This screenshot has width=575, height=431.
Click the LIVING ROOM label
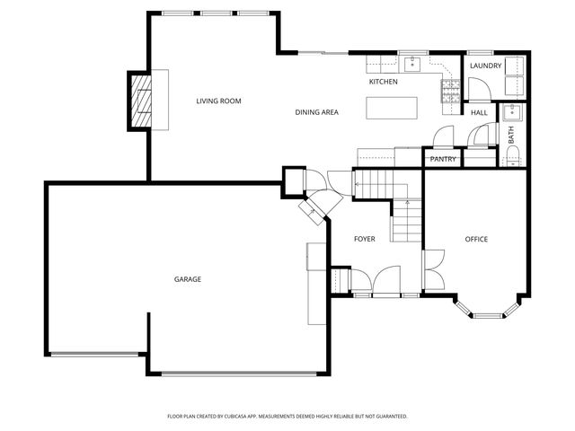click(218, 101)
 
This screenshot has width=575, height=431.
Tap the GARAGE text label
click(187, 279)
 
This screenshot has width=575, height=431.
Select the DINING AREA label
click(316, 112)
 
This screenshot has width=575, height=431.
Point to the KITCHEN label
click(383, 82)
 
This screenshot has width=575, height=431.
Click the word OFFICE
click(475, 239)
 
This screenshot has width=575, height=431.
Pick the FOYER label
click(364, 239)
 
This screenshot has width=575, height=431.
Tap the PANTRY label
click(443, 159)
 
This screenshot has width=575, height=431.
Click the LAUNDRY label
click(485, 66)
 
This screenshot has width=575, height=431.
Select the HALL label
click(479, 112)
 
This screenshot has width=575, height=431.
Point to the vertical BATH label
click(511, 136)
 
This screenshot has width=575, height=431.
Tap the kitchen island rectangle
click(393, 107)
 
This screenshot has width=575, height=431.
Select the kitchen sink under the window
click(412, 63)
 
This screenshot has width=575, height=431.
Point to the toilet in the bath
click(512, 158)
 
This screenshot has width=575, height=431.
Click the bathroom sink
click(512, 112)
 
